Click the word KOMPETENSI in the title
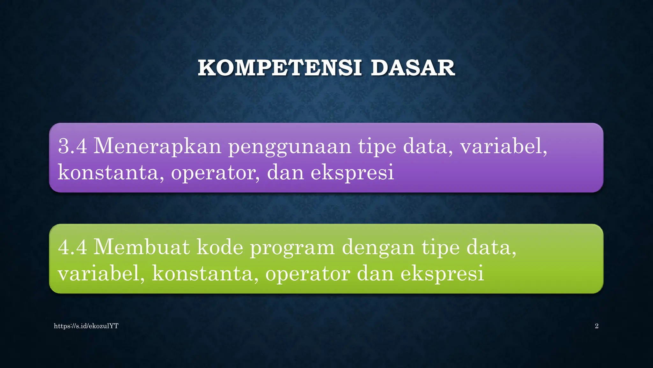pos(280,68)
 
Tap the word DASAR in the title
pos(413,68)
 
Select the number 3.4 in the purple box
pos(72,146)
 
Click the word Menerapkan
pos(157,146)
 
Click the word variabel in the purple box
pos(503,146)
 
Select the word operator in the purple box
pos(215,173)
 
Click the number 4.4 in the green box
pos(72,247)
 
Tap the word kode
pos(220,247)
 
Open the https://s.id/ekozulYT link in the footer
pos(86,326)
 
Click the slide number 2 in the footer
pos(597,326)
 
